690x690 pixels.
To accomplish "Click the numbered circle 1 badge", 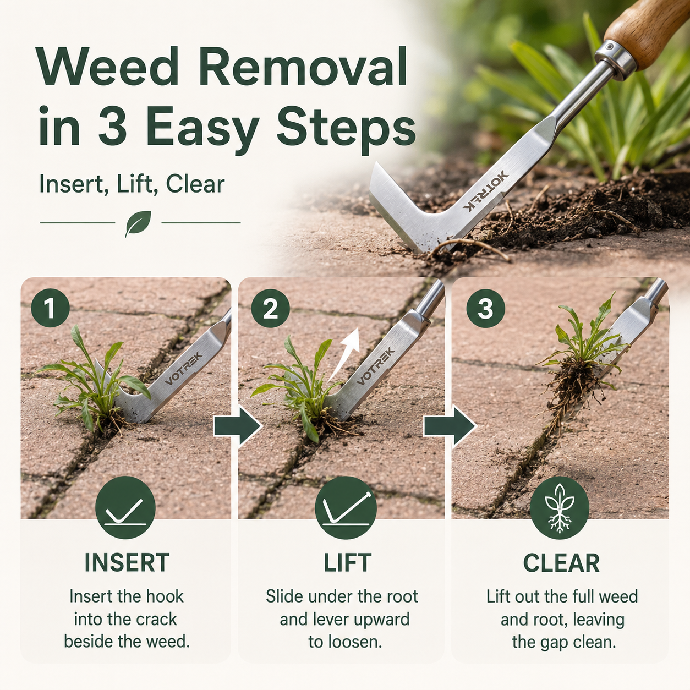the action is pos(50,308).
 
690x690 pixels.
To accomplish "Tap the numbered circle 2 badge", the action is pos(270,308).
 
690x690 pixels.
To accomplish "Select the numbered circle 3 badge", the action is pos(485,308).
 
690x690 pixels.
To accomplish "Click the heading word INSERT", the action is pos(127,562).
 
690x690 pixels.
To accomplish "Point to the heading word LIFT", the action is pos(347,562).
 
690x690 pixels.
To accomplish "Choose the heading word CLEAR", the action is pos(561,563).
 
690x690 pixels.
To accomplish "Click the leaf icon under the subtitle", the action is pos(138,223).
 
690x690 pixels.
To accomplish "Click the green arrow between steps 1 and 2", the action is pos(238,426).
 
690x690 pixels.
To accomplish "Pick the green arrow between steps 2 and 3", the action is pos(450,426).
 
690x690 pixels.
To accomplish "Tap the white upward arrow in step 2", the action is pos(345,353).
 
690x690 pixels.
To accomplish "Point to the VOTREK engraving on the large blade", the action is pos(485,191).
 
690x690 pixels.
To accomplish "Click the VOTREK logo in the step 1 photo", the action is pos(184,368).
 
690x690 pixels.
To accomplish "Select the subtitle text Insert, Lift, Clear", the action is pos(132,184).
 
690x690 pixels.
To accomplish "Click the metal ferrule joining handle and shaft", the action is pos(614,58).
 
